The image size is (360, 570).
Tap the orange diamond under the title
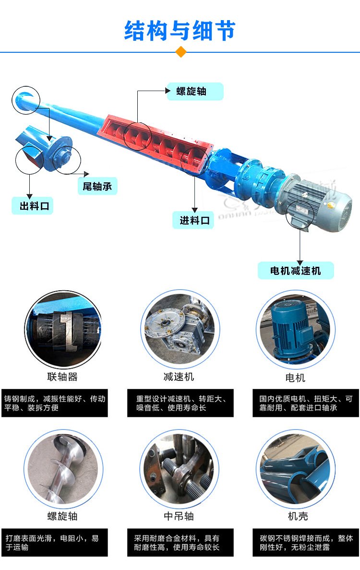[181, 51]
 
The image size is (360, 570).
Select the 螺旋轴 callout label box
[195, 91]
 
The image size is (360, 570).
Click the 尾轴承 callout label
[97, 186]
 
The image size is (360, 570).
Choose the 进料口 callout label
[194, 220]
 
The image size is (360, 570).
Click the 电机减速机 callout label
[295, 271]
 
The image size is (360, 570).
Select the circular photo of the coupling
[62, 329]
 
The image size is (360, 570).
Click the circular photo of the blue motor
[295, 329]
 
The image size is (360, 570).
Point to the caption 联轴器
[62, 377]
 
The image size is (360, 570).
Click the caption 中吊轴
[179, 516]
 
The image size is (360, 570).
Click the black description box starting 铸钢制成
[55, 403]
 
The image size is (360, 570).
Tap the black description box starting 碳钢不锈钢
[306, 543]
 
